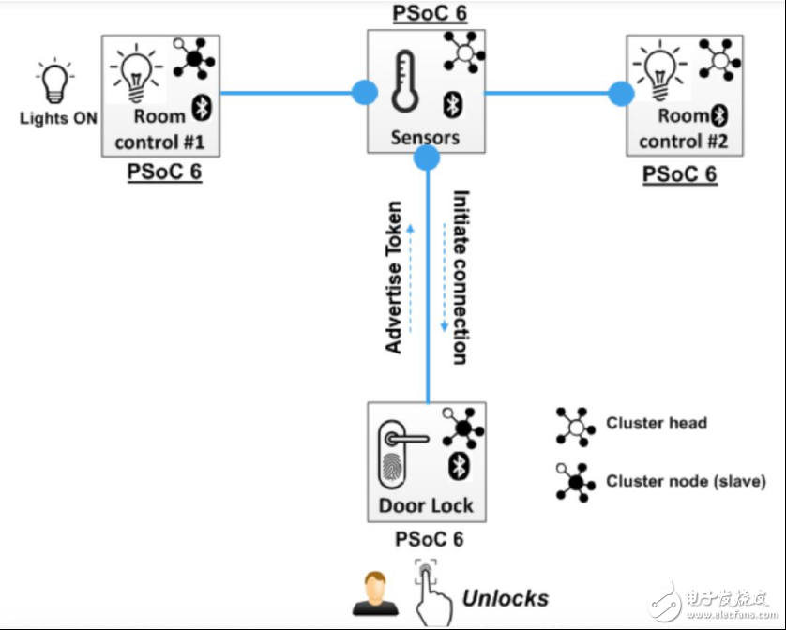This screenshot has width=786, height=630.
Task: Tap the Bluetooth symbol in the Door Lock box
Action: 459,466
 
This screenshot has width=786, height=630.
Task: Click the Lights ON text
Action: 58,119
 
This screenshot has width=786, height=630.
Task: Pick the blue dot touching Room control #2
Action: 621,93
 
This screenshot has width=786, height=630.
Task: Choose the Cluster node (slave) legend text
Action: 686,481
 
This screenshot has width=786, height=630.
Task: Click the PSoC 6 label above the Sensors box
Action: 428,13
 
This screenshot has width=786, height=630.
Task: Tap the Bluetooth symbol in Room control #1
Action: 200,107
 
